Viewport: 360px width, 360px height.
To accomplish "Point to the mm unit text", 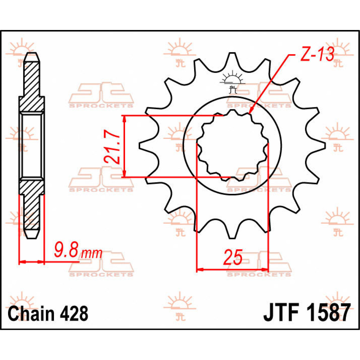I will pyautogui.click(x=92, y=254).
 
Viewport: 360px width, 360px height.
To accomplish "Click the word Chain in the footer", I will pyautogui.click(x=31, y=313).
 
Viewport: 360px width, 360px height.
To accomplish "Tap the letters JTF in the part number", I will pyautogui.click(x=280, y=313).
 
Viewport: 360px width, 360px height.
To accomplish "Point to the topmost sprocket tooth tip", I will pyautogui.click(x=232, y=54).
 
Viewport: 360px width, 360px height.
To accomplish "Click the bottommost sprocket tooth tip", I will pyautogui.click(x=232, y=238).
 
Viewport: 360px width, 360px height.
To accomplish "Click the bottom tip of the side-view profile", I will pyautogui.click(x=32, y=238).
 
